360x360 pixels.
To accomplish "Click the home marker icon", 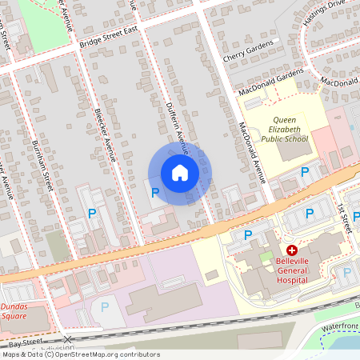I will pyautogui.click(x=180, y=173).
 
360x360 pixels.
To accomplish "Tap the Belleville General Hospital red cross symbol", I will pyautogui.click(x=291, y=250).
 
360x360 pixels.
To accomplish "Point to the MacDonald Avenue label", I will pyautogui.click(x=250, y=151).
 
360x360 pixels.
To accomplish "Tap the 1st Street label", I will pyautogui.click(x=343, y=216).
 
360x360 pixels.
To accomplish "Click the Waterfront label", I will pyautogui.click(x=340, y=326).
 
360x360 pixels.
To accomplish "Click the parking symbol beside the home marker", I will pyautogui.click(x=154, y=193).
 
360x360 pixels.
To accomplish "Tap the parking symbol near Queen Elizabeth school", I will pyautogui.click(x=304, y=173).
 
